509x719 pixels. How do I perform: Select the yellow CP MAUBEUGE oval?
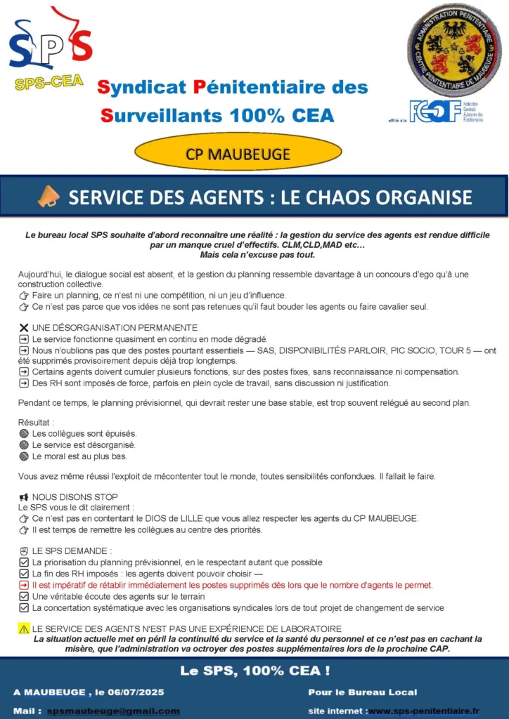click(x=238, y=154)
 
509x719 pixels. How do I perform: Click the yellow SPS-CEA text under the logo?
click(x=49, y=83)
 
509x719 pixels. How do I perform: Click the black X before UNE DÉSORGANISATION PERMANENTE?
click(x=24, y=328)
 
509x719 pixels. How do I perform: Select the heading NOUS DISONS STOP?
click(x=75, y=497)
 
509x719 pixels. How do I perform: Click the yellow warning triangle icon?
click(x=24, y=629)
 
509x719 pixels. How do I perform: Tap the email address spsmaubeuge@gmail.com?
click(x=113, y=711)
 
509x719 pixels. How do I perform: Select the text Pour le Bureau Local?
click(x=362, y=692)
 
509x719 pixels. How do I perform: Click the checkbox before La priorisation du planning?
click(x=24, y=562)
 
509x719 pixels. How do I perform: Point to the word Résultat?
click(x=35, y=423)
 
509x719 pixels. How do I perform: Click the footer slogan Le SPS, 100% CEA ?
click(x=254, y=671)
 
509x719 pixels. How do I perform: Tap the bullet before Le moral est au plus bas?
click(x=24, y=456)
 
